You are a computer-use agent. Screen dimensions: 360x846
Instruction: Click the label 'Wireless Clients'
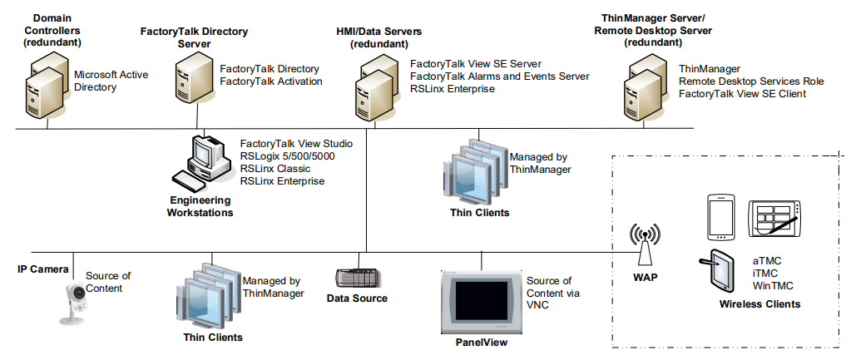[759, 304]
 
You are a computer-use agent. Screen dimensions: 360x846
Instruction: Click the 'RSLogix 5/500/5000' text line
[287, 156]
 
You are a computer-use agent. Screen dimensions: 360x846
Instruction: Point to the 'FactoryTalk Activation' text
[270, 81]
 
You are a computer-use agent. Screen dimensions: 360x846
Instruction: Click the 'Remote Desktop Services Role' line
[751, 81]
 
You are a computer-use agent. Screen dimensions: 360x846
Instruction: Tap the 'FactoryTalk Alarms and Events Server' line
[499, 76]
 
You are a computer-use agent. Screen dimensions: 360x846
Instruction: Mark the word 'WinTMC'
[773, 286]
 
